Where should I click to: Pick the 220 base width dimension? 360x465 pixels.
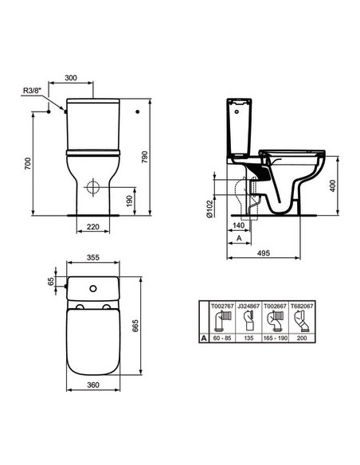(x=92, y=228)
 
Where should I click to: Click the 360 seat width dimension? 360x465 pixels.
(x=93, y=385)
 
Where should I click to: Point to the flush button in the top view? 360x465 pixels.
(x=92, y=287)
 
